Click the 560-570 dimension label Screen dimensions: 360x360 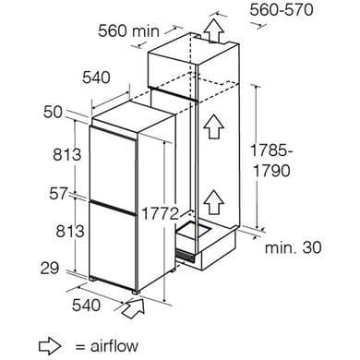click(x=282, y=9)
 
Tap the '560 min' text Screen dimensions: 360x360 click(x=128, y=31)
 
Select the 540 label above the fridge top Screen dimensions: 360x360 click(x=96, y=78)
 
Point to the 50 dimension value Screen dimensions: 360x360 click(x=53, y=113)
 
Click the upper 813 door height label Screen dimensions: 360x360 click(x=66, y=154)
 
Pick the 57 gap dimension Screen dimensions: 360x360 click(x=58, y=194)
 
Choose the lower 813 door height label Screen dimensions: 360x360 click(x=70, y=231)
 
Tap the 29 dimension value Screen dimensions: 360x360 click(x=50, y=268)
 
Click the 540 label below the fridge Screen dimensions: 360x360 click(x=87, y=305)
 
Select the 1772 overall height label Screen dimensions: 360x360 click(x=160, y=213)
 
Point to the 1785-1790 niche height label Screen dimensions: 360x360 click(x=270, y=161)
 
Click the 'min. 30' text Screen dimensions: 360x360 click(x=294, y=247)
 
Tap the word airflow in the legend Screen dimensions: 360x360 click(x=114, y=346)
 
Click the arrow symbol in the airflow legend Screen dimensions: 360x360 click(x=50, y=346)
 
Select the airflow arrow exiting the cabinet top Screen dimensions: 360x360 click(x=213, y=30)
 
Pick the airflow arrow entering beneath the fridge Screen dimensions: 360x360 click(x=134, y=308)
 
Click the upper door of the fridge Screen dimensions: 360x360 click(x=113, y=164)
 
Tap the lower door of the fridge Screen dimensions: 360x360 click(x=113, y=245)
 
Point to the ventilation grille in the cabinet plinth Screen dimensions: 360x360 click(x=186, y=255)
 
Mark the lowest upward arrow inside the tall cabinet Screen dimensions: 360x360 click(x=213, y=201)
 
